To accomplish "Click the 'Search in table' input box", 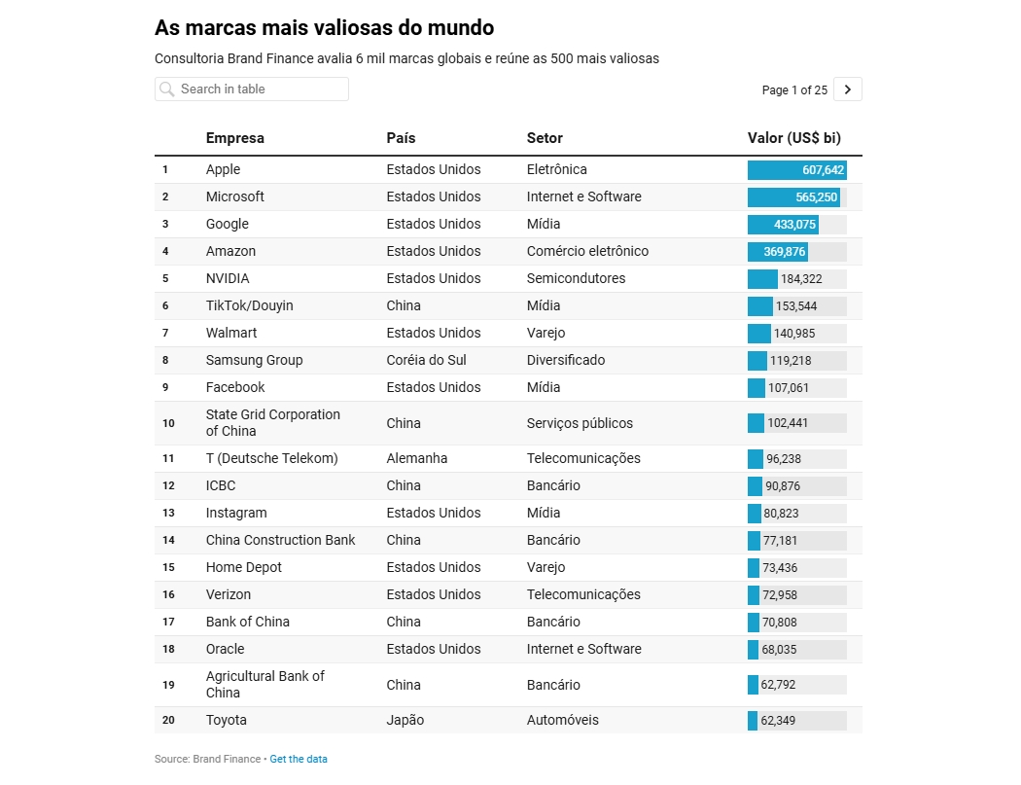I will point(258,89).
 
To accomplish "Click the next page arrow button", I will point(847,89).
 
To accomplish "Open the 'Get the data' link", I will point(299,759).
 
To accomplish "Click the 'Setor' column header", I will point(545,138).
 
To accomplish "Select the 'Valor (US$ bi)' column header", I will point(793,138).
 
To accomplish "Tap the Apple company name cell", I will point(223,169).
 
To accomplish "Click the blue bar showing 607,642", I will point(796,170).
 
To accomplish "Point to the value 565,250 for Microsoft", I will point(816,197).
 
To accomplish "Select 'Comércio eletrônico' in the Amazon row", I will point(587,251).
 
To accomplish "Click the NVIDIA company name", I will point(228,278).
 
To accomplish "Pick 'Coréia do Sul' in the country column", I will point(426,360).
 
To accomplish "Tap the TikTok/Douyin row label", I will point(249,305).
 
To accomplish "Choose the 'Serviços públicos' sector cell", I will point(580,423).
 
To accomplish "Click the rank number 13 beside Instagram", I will point(168,513).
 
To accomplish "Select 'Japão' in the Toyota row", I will point(405,720).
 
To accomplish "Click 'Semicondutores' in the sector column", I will point(576,278).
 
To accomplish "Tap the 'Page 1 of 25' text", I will point(794,90).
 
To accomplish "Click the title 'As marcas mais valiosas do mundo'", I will point(324,27).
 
